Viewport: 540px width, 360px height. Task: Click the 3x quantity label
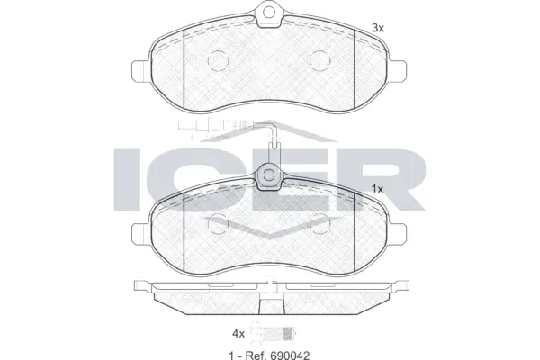pyautogui.click(x=378, y=29)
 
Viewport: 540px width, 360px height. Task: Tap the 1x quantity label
pyautogui.click(x=378, y=188)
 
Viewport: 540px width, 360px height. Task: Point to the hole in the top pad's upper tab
pyautogui.click(x=269, y=13)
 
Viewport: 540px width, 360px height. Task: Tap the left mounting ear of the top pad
pyautogui.click(x=141, y=69)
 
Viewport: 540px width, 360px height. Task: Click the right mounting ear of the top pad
pyautogui.click(x=399, y=69)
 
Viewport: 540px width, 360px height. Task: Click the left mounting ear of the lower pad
pyautogui.click(x=141, y=232)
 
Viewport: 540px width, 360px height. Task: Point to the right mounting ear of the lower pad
pyautogui.click(x=399, y=232)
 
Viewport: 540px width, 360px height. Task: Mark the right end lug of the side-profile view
pyautogui.click(x=396, y=288)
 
